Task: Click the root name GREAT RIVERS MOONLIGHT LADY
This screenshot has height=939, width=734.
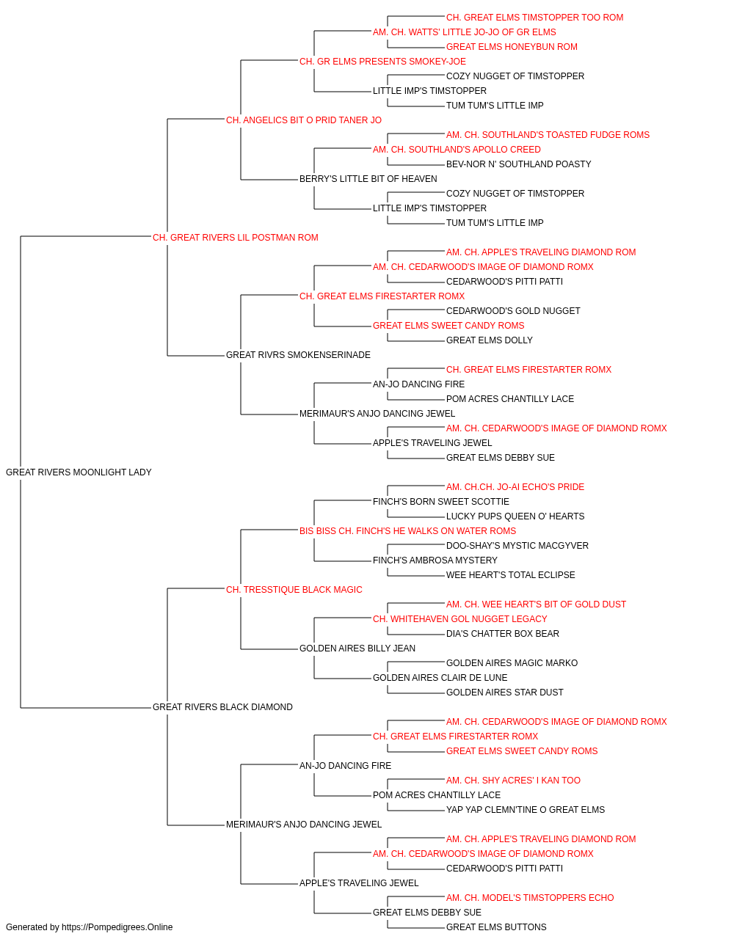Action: click(x=79, y=472)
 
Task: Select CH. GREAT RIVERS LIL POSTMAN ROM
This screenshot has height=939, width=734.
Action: click(x=235, y=237)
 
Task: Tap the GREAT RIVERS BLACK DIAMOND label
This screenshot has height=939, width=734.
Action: click(x=222, y=706)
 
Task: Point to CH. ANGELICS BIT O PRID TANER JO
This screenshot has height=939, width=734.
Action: click(x=303, y=120)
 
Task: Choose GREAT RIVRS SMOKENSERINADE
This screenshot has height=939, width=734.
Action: click(x=298, y=355)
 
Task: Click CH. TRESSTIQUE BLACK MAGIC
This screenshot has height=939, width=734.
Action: click(x=294, y=589)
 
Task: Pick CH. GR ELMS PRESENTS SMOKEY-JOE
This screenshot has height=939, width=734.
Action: click(x=382, y=62)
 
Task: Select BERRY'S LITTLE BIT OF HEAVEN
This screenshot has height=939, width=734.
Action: click(x=368, y=178)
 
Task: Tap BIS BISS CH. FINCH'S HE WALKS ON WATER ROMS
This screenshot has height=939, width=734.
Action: click(x=407, y=530)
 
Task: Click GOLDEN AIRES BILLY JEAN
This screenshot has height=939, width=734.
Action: click(x=357, y=648)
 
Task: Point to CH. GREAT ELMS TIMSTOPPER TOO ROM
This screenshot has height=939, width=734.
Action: click(x=535, y=18)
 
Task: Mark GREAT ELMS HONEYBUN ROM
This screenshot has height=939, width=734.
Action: click(x=512, y=47)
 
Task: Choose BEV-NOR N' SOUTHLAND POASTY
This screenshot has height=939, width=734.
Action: click(x=519, y=164)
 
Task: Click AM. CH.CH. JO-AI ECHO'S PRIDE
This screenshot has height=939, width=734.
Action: click(x=515, y=486)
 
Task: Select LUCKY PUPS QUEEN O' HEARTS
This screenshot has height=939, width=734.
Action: click(x=515, y=516)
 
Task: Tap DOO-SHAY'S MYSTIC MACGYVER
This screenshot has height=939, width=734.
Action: click(x=517, y=545)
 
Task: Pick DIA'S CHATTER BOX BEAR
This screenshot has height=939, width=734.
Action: click(x=503, y=634)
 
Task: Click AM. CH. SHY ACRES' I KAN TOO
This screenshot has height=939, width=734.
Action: click(x=513, y=780)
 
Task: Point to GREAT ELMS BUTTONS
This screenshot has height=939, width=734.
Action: click(x=496, y=927)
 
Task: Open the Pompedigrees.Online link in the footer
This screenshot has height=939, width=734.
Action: click(x=117, y=927)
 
